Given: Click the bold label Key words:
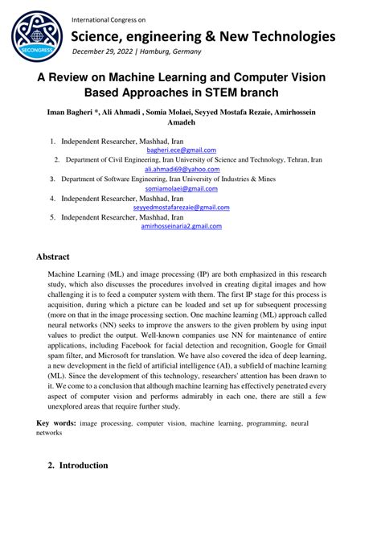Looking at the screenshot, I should [57, 422].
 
